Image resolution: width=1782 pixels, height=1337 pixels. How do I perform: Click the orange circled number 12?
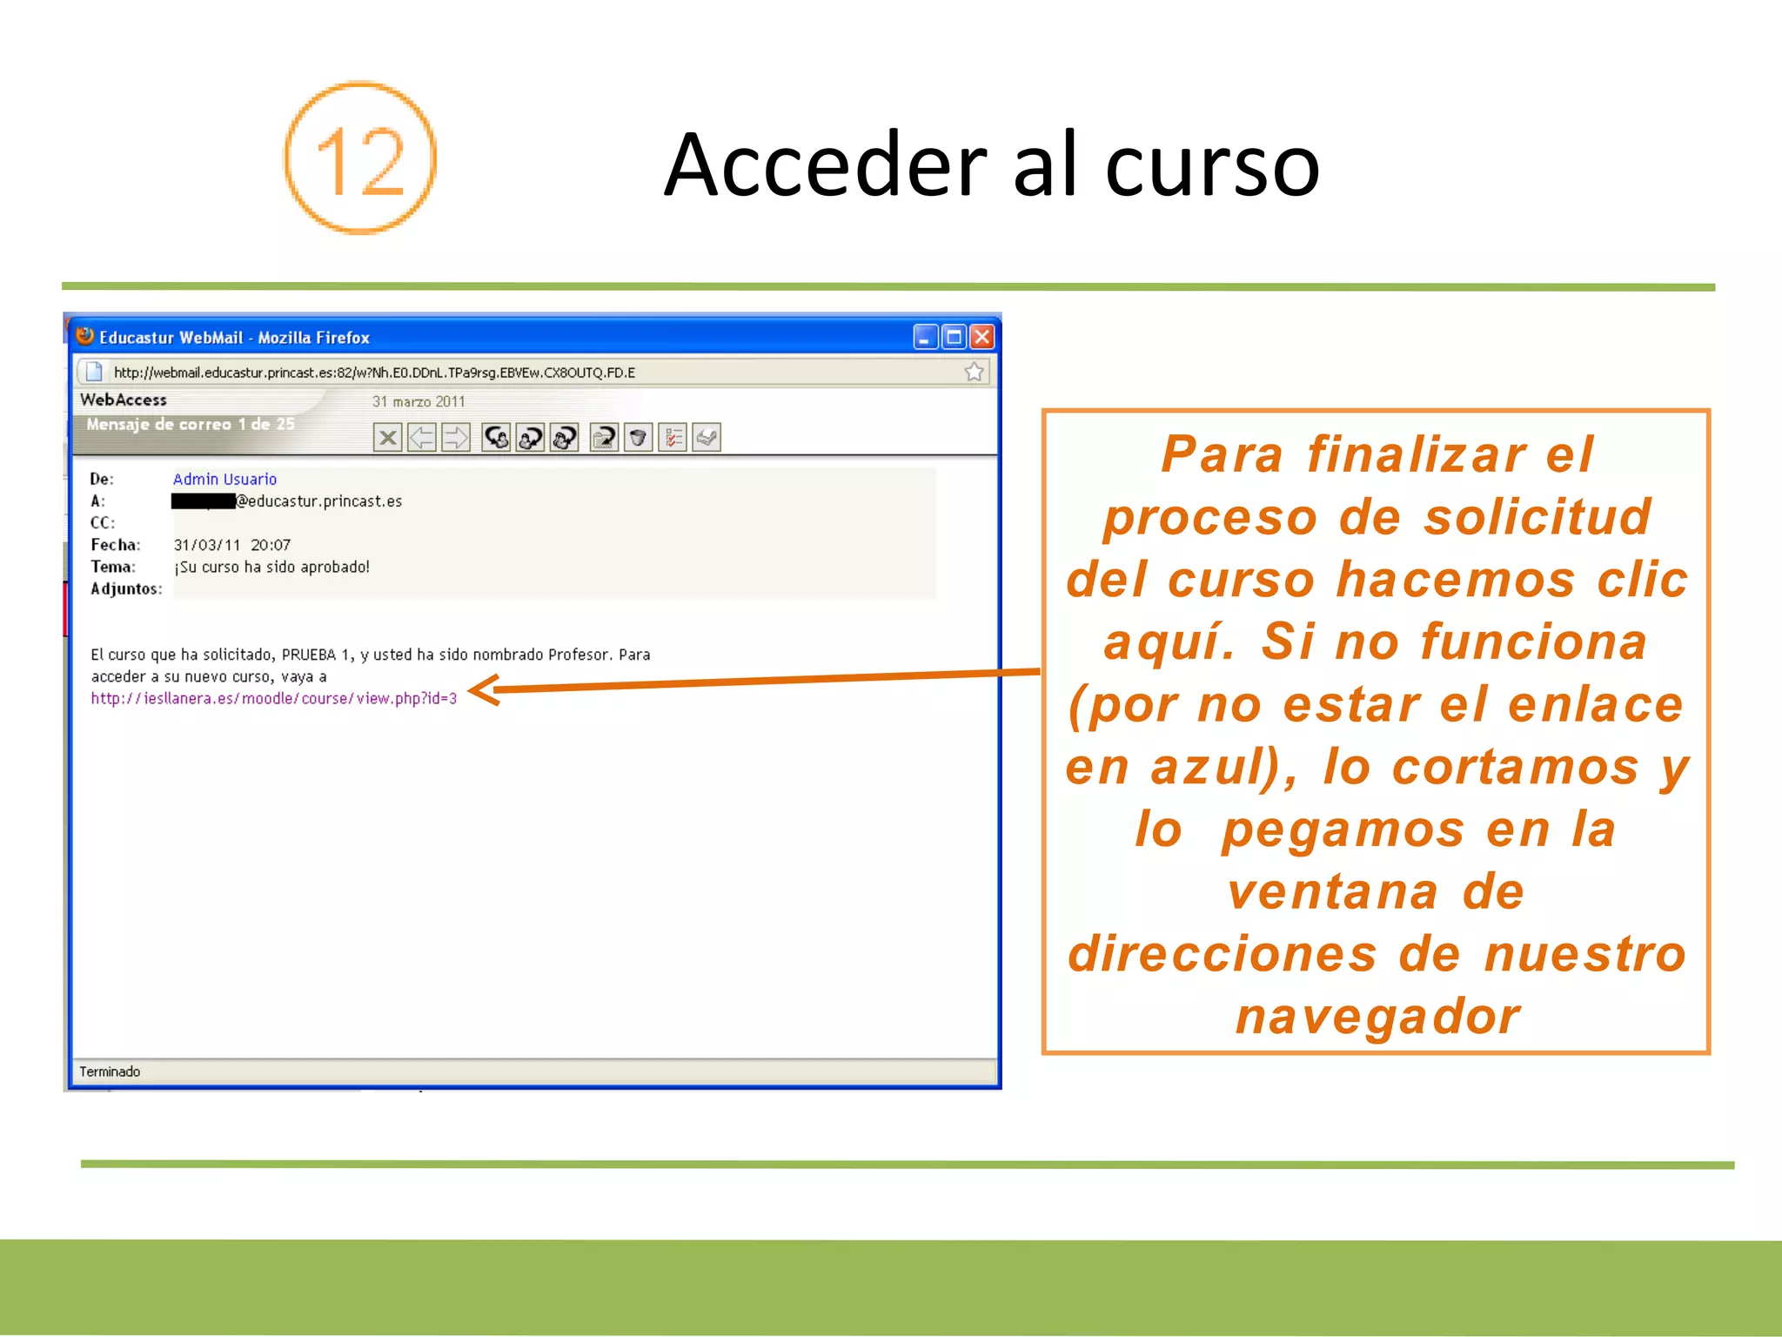point(359,158)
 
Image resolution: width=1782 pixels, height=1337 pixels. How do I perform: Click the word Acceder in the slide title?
point(825,165)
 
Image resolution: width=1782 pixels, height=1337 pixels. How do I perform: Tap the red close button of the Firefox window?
point(982,337)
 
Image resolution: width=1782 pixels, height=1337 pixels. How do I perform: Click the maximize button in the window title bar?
point(954,337)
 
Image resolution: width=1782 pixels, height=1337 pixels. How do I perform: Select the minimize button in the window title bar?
point(925,337)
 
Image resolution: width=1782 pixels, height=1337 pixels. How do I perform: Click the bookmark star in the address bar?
point(974,373)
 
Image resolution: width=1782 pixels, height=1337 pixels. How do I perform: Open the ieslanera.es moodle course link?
point(273,698)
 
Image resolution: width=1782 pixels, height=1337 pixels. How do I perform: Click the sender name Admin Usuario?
point(224,479)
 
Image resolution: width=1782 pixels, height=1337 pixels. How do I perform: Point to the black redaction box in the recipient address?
point(204,501)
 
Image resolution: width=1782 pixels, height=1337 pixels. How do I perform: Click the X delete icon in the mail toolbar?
point(388,437)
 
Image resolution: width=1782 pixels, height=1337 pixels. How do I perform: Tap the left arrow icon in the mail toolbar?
point(422,437)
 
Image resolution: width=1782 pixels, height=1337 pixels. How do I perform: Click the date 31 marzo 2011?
point(419,401)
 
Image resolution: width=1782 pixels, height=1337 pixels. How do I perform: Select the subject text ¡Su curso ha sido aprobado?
point(271,567)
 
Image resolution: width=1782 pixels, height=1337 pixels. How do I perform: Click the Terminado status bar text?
point(110,1072)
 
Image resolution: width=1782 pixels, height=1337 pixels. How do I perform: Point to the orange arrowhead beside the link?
point(483,690)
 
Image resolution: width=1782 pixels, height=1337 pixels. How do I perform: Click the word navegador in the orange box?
point(1377,1017)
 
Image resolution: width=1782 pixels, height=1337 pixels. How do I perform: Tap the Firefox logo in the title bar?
point(85,336)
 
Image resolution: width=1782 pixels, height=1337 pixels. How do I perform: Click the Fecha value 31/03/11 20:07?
point(231,545)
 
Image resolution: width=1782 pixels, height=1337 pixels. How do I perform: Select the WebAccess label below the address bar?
point(124,400)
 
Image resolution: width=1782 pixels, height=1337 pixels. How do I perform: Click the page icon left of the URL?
point(94,373)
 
